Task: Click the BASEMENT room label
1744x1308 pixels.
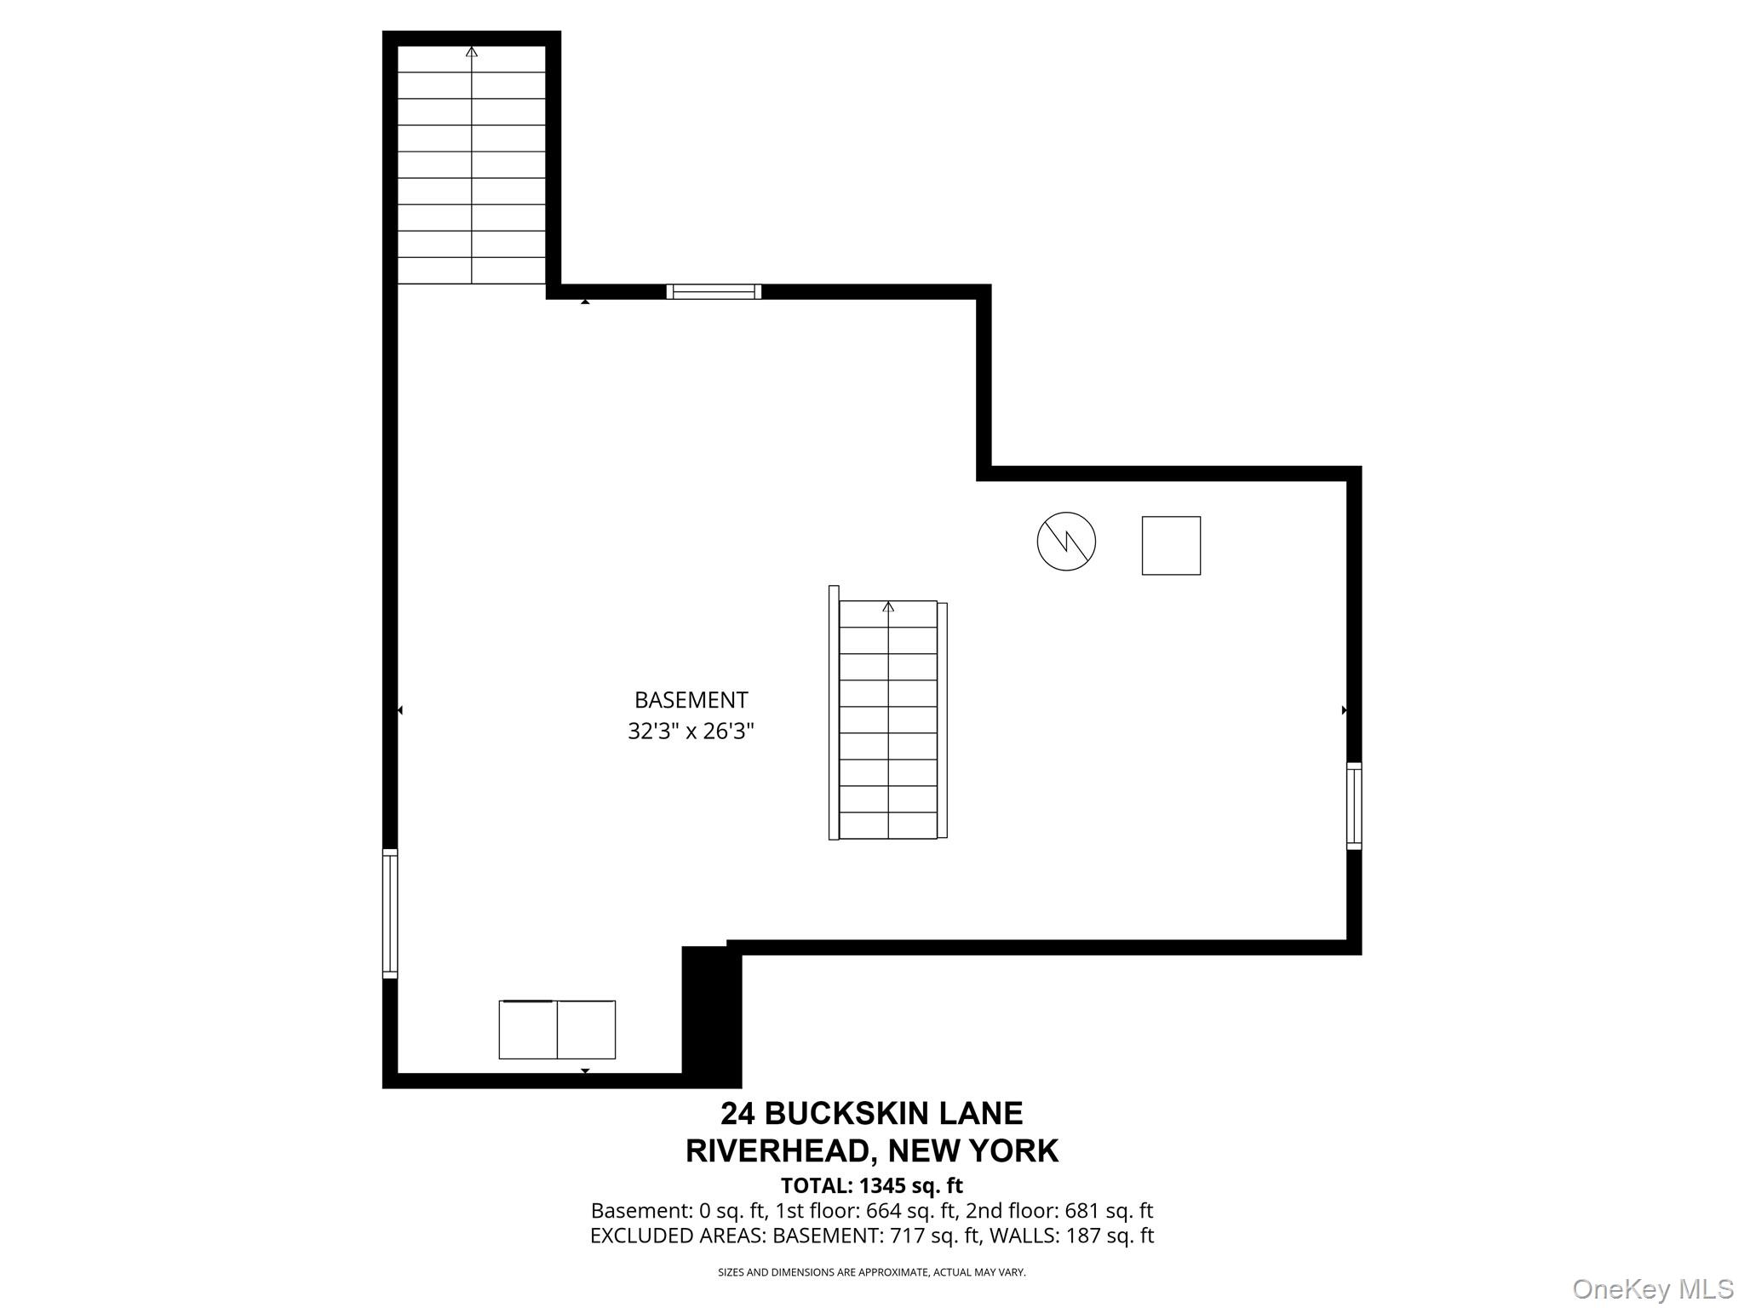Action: tap(691, 700)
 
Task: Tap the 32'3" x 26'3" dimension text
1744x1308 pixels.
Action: tap(691, 731)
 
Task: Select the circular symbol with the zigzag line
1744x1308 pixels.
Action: tap(1066, 542)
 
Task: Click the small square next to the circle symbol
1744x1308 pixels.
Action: tap(1171, 546)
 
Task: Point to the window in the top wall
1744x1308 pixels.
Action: tap(714, 291)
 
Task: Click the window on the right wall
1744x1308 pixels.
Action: tap(1354, 806)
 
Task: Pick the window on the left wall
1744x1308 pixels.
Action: tap(390, 914)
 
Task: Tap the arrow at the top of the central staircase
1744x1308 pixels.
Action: tap(888, 606)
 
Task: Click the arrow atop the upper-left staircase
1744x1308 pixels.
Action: tap(472, 52)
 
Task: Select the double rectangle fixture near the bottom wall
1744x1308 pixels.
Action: tap(557, 1030)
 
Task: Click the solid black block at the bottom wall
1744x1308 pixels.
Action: tap(712, 1017)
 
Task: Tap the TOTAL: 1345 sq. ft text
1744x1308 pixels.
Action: tap(872, 1185)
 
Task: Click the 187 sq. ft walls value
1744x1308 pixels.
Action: tap(1110, 1236)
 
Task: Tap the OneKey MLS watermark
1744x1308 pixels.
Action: tap(1653, 1289)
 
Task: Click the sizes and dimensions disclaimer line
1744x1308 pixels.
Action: tap(872, 1272)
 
